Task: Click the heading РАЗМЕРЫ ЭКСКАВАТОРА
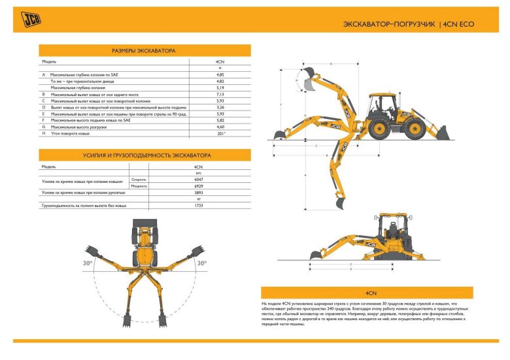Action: point(144,50)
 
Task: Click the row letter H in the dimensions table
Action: point(43,133)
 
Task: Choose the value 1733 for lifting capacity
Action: point(199,206)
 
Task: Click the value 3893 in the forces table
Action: point(199,193)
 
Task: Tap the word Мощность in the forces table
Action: point(139,186)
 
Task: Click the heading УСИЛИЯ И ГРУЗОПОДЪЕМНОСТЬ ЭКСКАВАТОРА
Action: point(144,155)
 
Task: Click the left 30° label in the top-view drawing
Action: point(88,263)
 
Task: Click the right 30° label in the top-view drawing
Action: point(201,263)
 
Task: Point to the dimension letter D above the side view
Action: point(331,64)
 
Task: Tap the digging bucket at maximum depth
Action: point(339,203)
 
